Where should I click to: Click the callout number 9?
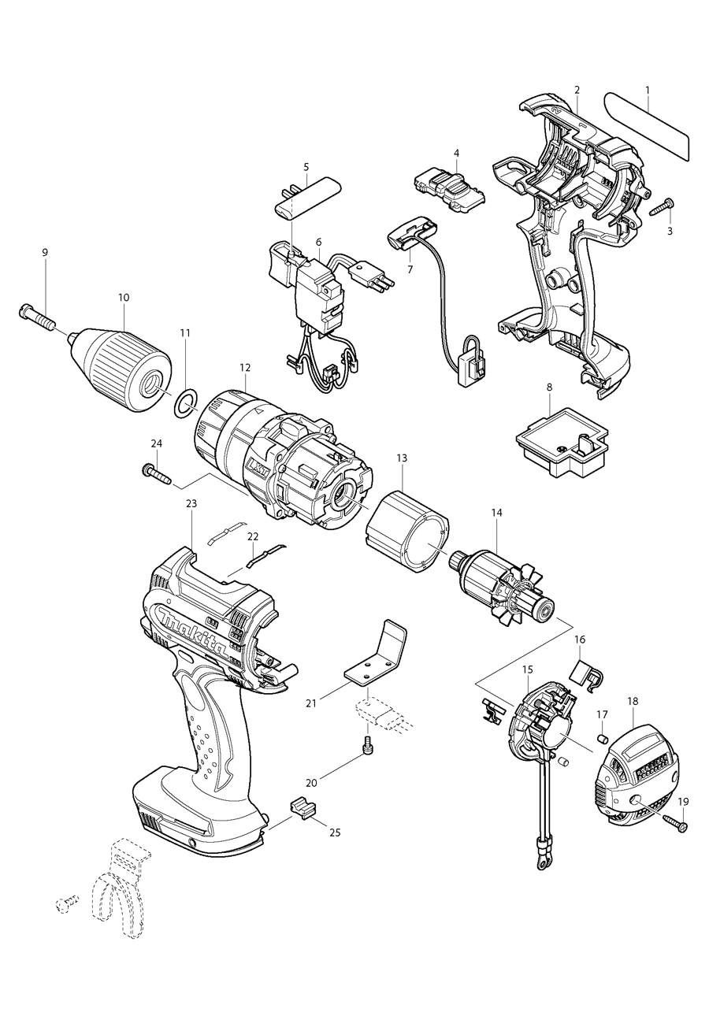point(45,252)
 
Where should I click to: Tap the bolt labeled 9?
point(35,318)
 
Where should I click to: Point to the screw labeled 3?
point(660,207)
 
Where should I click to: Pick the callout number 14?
point(496,512)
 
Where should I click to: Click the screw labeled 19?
point(674,823)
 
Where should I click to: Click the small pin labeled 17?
point(603,739)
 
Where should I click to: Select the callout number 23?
point(191,503)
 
